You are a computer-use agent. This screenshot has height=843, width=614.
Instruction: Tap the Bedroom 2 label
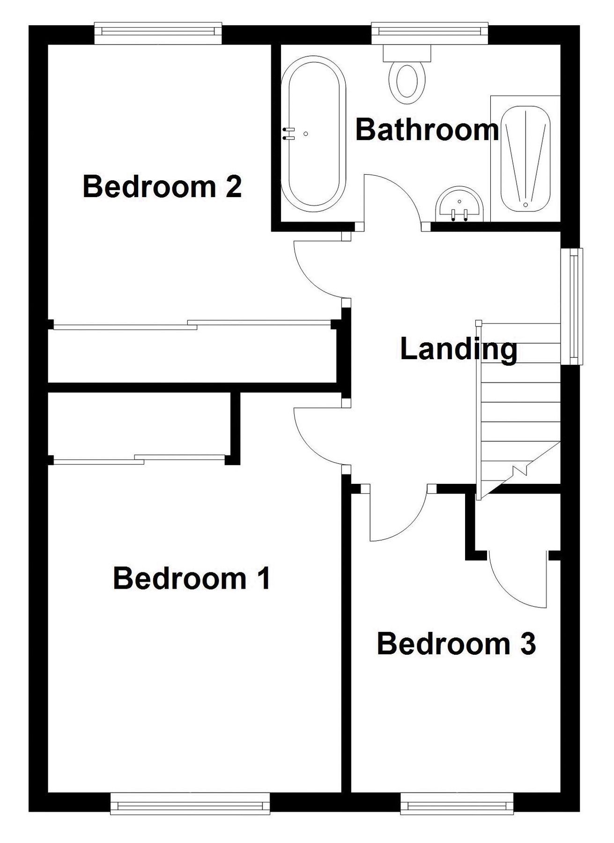162,186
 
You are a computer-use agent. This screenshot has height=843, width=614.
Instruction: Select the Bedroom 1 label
192,578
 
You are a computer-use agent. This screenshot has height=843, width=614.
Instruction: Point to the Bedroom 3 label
456,643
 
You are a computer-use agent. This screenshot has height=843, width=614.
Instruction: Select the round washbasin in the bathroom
459,205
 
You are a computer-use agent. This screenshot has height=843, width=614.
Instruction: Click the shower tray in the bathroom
525,158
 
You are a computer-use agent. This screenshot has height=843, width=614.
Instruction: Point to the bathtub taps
289,134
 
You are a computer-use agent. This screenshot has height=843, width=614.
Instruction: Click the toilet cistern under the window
407,53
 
